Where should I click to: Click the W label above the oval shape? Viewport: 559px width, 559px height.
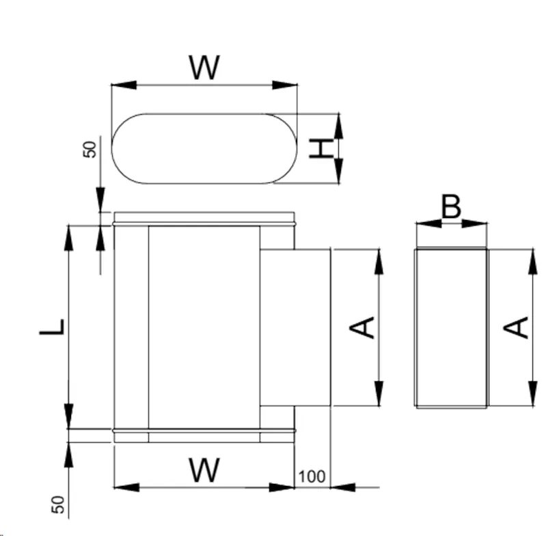point(204,68)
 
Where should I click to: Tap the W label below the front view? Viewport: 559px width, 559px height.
point(204,470)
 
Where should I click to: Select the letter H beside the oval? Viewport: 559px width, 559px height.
point(321,148)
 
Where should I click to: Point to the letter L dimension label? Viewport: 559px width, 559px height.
point(52,327)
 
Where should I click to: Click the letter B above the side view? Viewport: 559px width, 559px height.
point(451,207)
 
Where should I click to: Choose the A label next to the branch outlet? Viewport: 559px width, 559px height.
point(362,327)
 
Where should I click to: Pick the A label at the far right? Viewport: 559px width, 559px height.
point(515,327)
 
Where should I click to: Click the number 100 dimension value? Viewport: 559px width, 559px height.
point(312,476)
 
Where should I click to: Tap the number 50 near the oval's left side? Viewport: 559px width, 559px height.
point(90,150)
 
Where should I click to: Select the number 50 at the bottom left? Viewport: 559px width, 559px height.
point(58,505)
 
